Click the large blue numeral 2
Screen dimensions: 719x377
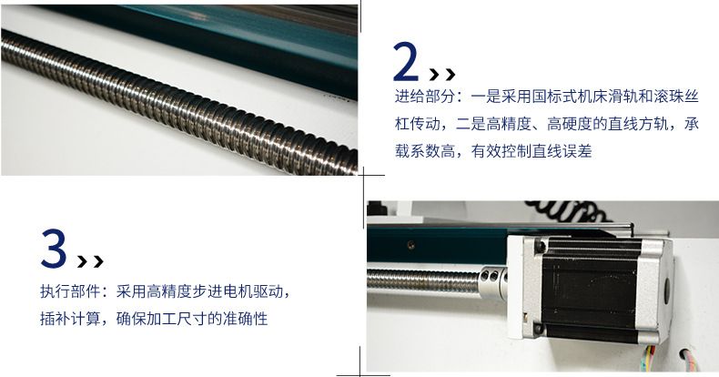[x=406, y=62]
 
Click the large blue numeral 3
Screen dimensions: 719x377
[x=54, y=248]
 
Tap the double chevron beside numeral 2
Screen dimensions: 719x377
[x=442, y=75]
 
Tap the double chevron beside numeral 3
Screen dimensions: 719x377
[x=90, y=261]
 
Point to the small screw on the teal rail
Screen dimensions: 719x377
[x=411, y=245]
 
